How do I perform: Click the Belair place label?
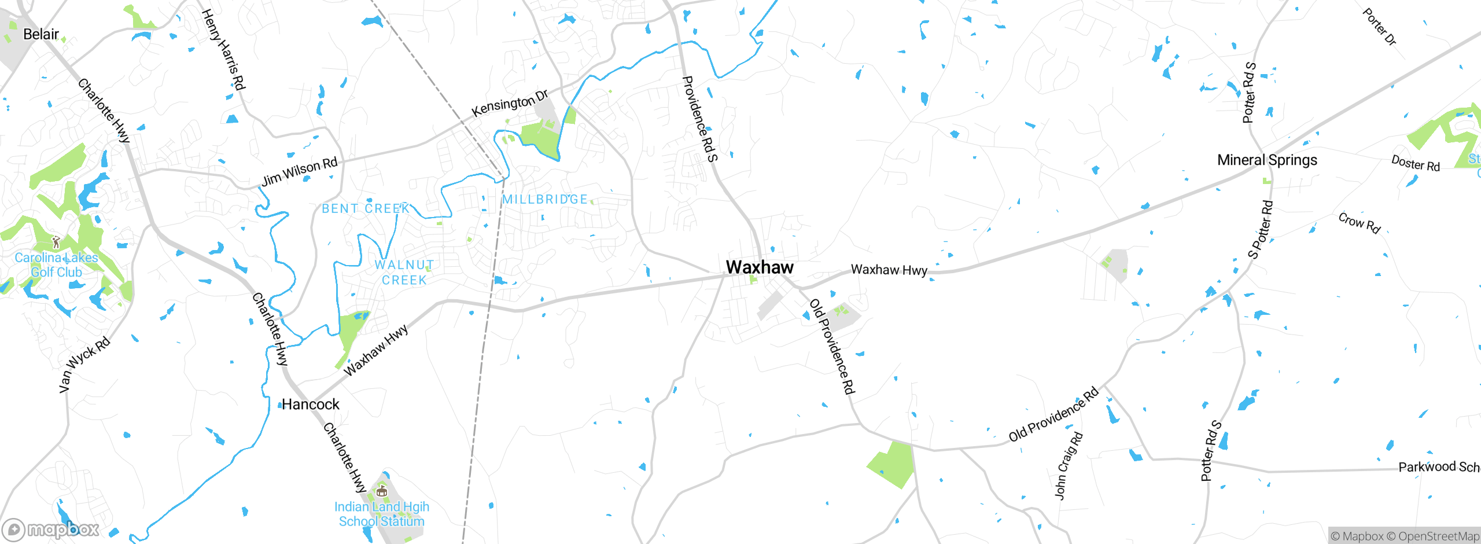point(40,34)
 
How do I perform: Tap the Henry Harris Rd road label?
point(223,49)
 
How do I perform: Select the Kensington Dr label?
point(510,104)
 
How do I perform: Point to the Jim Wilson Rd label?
point(299,171)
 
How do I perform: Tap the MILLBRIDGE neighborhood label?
point(545,200)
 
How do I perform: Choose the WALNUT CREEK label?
point(404,273)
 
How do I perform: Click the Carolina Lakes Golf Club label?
point(56,265)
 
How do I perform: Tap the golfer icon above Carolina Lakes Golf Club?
point(56,242)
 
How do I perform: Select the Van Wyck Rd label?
point(84,365)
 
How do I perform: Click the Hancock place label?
point(310,405)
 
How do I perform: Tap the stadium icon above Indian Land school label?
point(381,491)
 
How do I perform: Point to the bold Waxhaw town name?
point(760,267)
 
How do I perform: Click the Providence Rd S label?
point(700,119)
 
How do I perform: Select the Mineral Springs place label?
point(1267,160)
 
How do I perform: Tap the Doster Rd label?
point(1415,163)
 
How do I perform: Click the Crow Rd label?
point(1360,223)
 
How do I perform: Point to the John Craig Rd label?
point(1068,465)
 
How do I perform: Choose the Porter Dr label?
point(1379,27)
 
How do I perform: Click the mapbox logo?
point(51,530)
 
